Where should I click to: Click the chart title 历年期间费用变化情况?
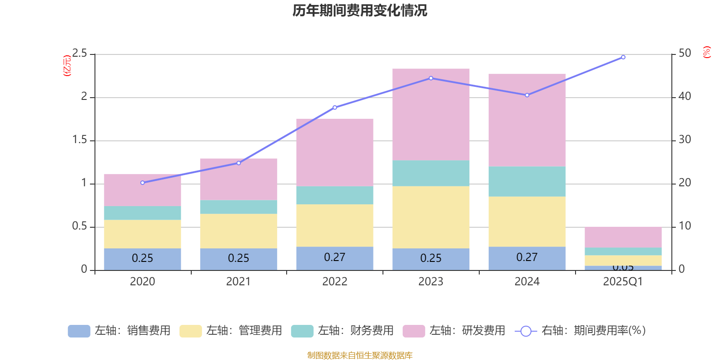tap(360, 10)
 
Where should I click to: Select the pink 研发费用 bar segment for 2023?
tap(431, 114)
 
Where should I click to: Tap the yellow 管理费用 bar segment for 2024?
tap(526, 221)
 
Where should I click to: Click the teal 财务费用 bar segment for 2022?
tap(334, 195)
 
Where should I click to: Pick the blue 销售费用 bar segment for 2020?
tap(142, 259)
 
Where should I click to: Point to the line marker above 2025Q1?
tap(623, 57)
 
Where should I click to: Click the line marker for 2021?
tap(238, 163)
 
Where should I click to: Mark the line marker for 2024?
tap(527, 95)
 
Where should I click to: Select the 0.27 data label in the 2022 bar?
tap(334, 257)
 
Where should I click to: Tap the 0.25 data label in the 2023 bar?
tap(431, 258)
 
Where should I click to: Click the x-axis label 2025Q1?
tap(623, 282)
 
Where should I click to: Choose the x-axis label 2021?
tap(238, 282)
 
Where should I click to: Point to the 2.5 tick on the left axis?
tap(80, 54)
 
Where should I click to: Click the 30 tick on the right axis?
tap(684, 139)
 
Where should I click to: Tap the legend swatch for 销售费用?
tap(79, 331)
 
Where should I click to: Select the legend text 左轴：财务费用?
tap(355, 331)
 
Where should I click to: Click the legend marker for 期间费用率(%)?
tap(526, 331)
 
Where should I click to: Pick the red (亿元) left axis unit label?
tap(67, 66)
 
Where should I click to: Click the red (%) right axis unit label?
tap(706, 52)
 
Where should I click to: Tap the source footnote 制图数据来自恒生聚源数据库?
tap(360, 355)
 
